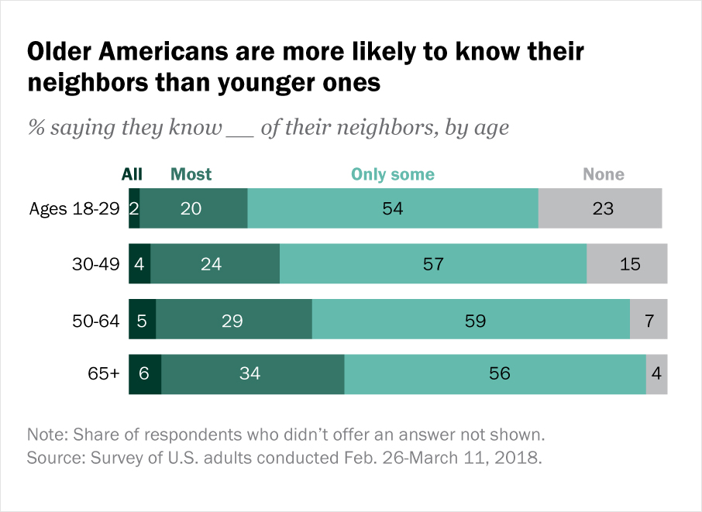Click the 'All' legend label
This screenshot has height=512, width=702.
[x=132, y=174]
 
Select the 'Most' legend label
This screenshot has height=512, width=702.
[x=191, y=174]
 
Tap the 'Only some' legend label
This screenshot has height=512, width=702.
[x=393, y=174]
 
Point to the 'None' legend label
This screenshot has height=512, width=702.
[x=604, y=174]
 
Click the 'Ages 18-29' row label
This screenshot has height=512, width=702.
[x=74, y=208]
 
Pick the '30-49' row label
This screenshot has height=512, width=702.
[x=96, y=264]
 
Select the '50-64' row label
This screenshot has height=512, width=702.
[x=96, y=320]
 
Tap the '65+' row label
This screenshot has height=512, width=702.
[x=104, y=374]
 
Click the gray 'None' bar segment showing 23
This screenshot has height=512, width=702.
[x=600, y=208]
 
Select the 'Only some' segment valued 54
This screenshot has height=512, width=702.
[x=393, y=208]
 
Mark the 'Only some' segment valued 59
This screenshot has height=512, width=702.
[x=470, y=320]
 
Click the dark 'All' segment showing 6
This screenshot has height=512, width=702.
[x=145, y=374]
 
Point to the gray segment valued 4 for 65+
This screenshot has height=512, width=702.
[x=656, y=374]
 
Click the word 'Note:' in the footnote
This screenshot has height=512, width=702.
[x=46, y=432]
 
